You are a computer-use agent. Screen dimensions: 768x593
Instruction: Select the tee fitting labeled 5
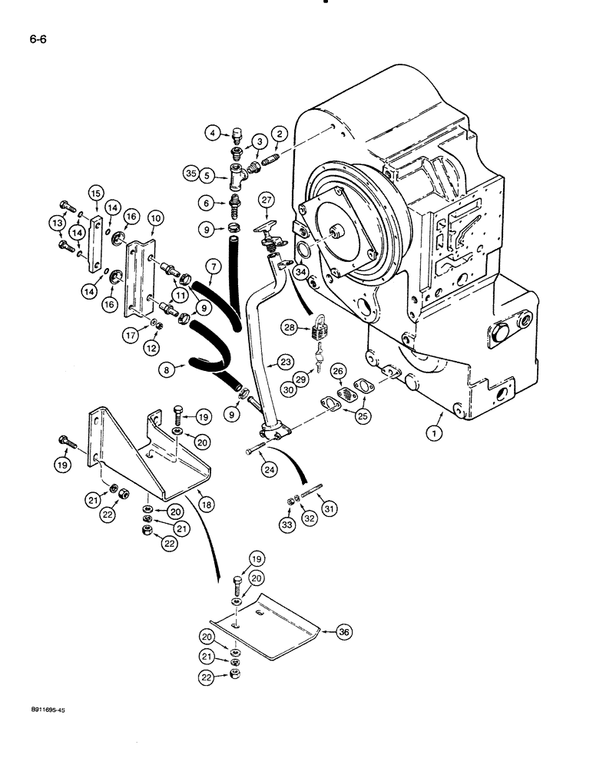[x=234, y=178]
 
